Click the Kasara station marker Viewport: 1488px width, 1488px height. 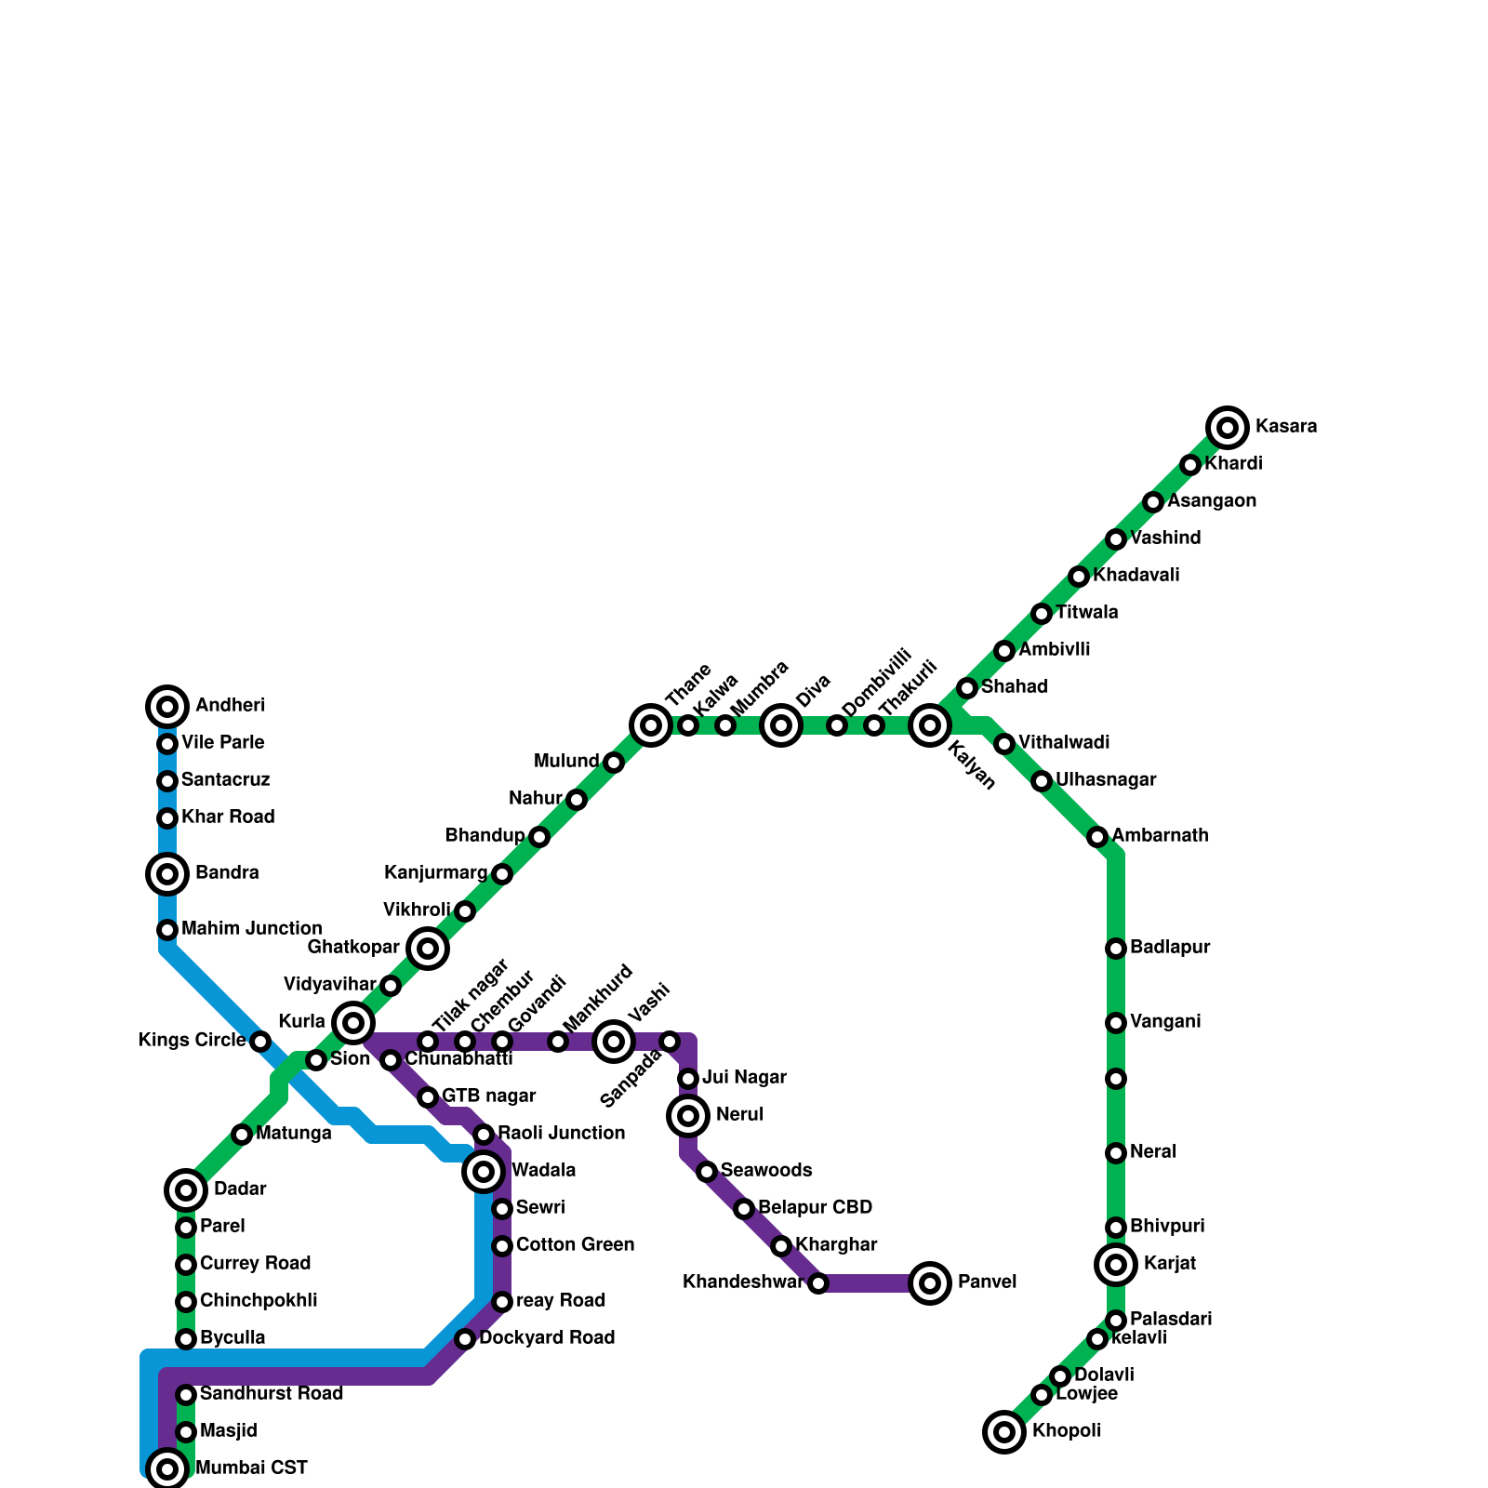[x=1228, y=428]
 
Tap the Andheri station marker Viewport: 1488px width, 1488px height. [x=167, y=707]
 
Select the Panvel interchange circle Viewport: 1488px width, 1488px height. [x=930, y=1283]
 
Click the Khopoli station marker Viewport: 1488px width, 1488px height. [x=1004, y=1432]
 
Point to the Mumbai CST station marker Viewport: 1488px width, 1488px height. [x=167, y=1469]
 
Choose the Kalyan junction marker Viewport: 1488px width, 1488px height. [x=930, y=725]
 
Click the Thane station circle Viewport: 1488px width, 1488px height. [x=651, y=725]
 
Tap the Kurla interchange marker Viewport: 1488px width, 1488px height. [x=353, y=1023]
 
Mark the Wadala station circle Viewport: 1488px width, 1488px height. [x=484, y=1172]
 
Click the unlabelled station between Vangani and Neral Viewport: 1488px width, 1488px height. [x=1116, y=1079]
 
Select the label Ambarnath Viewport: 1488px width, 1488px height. [x=1160, y=836]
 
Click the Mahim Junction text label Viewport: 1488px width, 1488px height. [x=252, y=929]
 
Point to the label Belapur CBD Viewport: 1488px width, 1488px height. [x=815, y=1208]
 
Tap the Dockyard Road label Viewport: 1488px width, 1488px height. [x=547, y=1338]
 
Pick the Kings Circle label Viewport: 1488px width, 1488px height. [x=192, y=1041]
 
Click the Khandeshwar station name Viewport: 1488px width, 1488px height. [x=743, y=1282]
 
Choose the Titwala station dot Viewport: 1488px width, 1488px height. [x=1042, y=614]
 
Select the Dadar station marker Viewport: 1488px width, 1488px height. [x=186, y=1190]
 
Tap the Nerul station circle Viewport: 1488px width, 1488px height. [x=688, y=1116]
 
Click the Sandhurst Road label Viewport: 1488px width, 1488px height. [x=272, y=1394]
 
